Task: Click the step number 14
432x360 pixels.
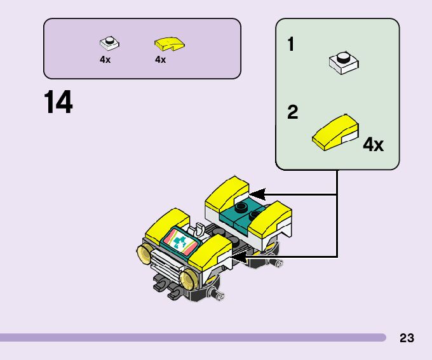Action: pos(58,103)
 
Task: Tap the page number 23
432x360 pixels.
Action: pos(407,338)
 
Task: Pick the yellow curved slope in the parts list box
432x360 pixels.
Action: pos(168,43)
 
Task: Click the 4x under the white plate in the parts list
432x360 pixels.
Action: pos(105,60)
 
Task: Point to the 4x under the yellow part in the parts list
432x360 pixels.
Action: pos(160,60)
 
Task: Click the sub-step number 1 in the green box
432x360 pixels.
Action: pos(291,45)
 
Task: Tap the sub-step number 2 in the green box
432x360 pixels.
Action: pos(292,113)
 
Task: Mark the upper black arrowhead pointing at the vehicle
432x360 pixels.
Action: pos(257,193)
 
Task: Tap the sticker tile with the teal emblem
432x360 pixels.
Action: pos(180,241)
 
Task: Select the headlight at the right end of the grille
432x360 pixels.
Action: pos(187,278)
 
